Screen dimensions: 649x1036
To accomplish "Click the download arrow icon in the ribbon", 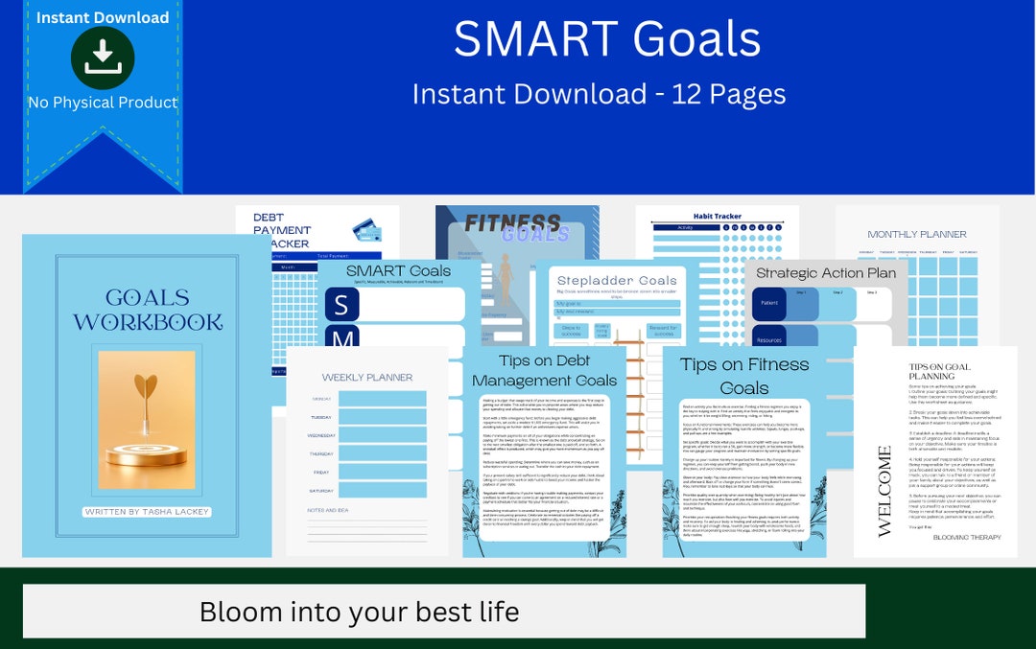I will (x=103, y=58).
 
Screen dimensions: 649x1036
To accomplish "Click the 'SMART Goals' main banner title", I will (x=606, y=39).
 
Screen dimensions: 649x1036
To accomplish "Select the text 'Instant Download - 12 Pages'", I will (x=599, y=94).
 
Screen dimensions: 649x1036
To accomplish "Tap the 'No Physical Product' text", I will (x=103, y=103).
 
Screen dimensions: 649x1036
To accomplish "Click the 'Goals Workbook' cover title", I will (x=148, y=310).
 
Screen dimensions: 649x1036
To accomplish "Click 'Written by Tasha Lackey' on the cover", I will (x=147, y=512).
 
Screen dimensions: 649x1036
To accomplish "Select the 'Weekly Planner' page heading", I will (x=367, y=378).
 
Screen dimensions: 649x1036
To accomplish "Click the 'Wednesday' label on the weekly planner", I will (x=321, y=435).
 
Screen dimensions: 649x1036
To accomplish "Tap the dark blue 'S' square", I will (x=342, y=304).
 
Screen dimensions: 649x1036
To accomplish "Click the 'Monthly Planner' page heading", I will (x=917, y=234).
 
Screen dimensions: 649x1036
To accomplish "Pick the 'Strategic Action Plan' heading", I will (x=826, y=273).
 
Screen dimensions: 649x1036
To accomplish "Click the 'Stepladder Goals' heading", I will (x=617, y=281).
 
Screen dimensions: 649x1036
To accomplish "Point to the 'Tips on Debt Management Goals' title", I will (x=544, y=371).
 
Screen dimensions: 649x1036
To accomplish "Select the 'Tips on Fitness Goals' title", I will (x=744, y=376).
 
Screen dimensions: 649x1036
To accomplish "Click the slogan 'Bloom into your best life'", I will (x=359, y=612).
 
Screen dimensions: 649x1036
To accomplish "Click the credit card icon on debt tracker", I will (x=366, y=230).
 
